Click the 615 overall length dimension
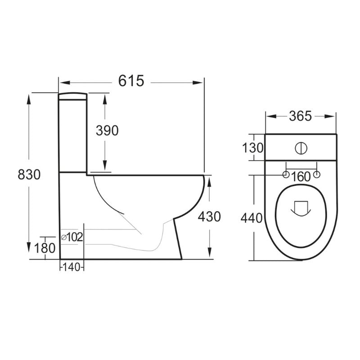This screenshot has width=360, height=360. [x=131, y=81]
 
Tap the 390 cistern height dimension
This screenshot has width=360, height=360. [x=107, y=130]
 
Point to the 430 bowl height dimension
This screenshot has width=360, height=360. [x=209, y=217]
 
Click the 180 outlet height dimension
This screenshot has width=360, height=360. [x=45, y=247]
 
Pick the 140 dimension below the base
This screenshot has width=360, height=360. [x=72, y=267]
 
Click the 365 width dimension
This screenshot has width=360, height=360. [x=300, y=116]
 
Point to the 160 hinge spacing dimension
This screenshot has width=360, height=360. [x=301, y=177]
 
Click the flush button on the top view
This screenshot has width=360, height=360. [x=301, y=148]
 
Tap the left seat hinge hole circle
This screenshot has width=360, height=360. [x=285, y=175]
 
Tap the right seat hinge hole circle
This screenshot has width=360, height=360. [x=317, y=175]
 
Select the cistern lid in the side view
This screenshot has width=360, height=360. [x=73, y=96]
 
